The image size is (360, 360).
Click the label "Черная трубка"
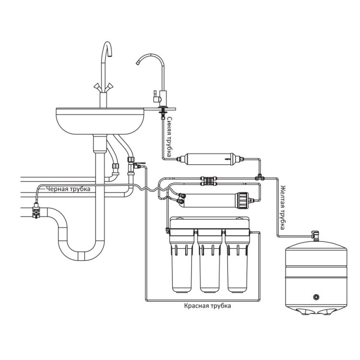click(68, 189)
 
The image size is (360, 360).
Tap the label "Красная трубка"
click(207, 306)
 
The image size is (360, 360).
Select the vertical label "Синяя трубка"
click(169, 137)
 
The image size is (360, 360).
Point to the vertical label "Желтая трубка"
click(283, 207)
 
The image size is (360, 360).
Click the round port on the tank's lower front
click(316, 297)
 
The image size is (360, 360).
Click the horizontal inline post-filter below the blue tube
click(210, 159)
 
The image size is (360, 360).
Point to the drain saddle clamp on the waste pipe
click(36, 210)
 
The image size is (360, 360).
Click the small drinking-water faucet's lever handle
click(156, 96)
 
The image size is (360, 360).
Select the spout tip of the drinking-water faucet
click(138, 62)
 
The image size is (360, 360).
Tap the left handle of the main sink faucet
click(97, 87)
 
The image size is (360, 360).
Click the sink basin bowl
click(100, 121)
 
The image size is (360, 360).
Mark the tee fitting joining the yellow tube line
click(260, 178)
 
